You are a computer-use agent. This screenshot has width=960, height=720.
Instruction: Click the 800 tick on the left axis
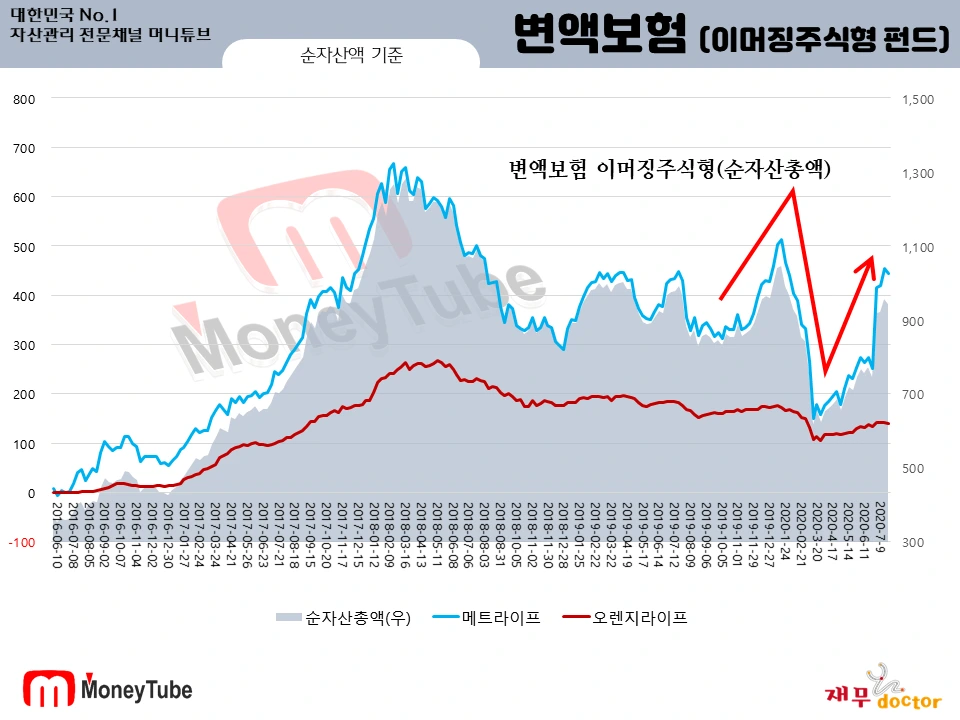[x=24, y=99]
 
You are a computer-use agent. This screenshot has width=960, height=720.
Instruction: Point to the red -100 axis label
[x=22, y=542]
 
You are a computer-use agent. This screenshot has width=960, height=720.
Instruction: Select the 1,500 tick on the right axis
[x=916, y=99]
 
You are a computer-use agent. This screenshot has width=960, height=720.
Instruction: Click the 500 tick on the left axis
[x=24, y=247]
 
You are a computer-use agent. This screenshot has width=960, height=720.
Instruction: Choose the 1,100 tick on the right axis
[x=916, y=247]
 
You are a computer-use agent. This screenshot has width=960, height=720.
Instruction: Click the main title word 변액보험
[x=598, y=37]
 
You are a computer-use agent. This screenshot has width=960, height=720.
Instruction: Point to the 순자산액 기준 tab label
[x=351, y=56]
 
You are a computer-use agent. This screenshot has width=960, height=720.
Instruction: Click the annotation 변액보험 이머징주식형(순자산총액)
[x=670, y=169]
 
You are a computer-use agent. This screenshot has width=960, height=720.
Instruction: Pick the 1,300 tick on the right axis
[x=916, y=173]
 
